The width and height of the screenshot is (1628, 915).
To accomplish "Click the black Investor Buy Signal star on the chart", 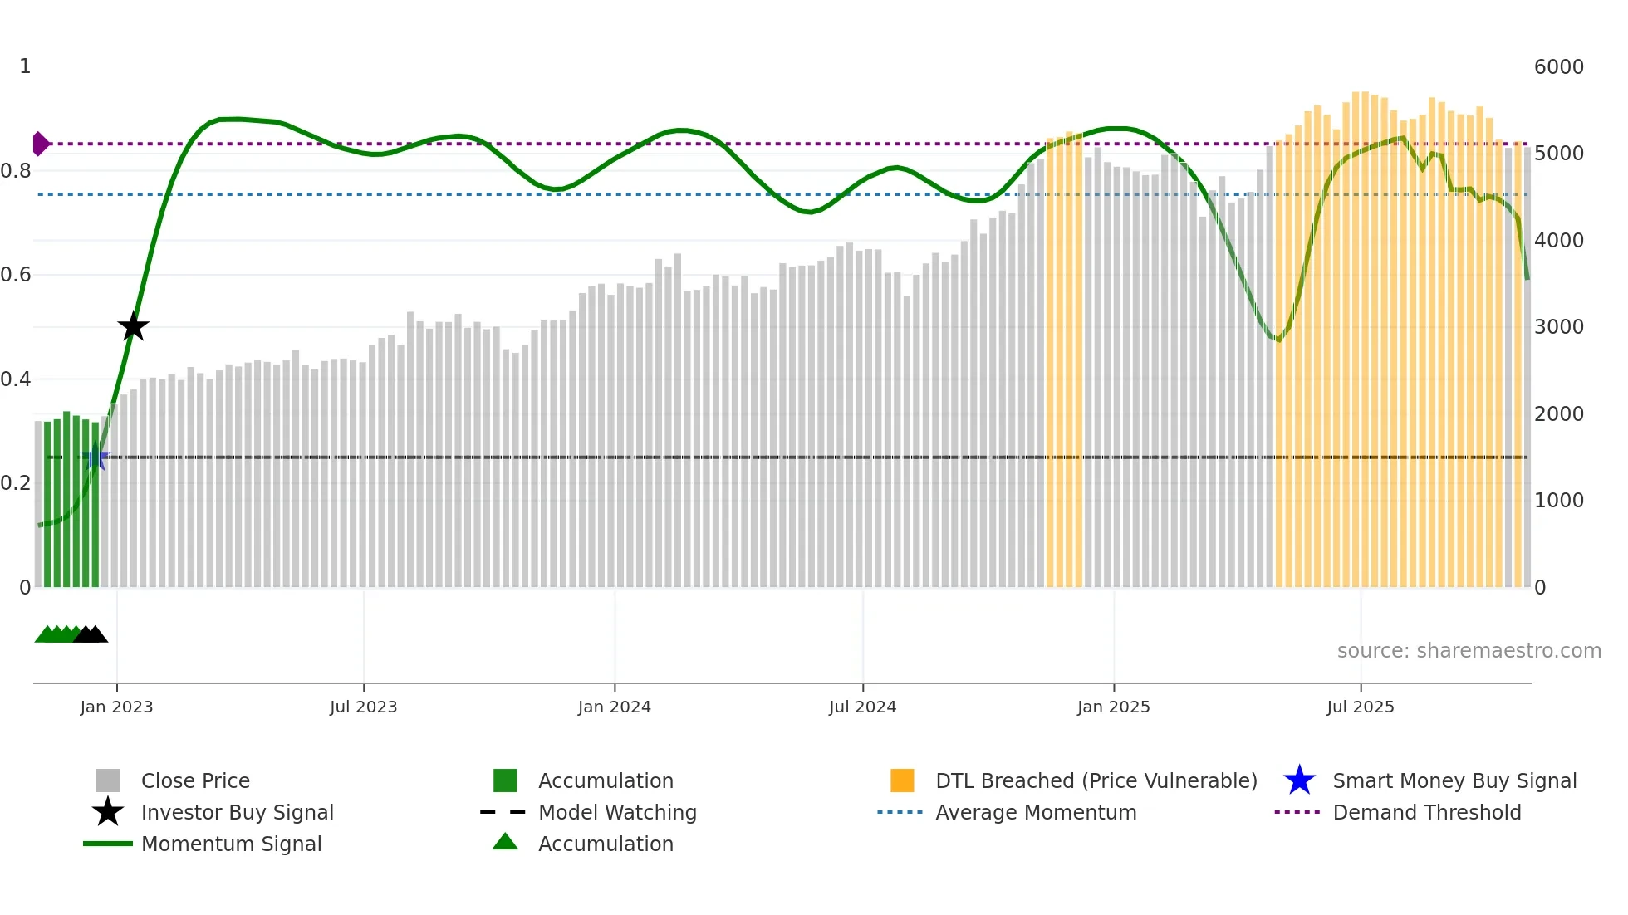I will pyautogui.click(x=133, y=326).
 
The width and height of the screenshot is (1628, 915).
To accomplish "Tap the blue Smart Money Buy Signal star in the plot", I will pyautogui.click(x=96, y=457).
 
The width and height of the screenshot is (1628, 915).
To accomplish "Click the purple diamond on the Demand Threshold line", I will pyautogui.click(x=40, y=144).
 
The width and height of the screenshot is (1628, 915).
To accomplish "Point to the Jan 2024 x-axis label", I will pyautogui.click(x=614, y=707).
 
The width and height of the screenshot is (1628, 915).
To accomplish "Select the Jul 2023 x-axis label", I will pyautogui.click(x=363, y=707).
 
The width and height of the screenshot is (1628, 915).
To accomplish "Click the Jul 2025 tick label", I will pyautogui.click(x=1360, y=707).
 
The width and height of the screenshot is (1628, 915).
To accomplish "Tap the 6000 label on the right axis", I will pyautogui.click(x=1558, y=67).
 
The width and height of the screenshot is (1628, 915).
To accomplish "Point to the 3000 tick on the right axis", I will pyautogui.click(x=1558, y=327).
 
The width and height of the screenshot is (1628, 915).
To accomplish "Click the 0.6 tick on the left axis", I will pyautogui.click(x=17, y=275).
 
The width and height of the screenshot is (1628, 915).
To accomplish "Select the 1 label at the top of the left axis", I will pyautogui.click(x=25, y=66).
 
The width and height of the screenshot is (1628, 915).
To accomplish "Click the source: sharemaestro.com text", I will pyautogui.click(x=1469, y=651).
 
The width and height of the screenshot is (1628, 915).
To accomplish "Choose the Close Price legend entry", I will pyautogui.click(x=195, y=780).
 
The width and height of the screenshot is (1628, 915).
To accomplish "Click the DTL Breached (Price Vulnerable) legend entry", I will pyautogui.click(x=1096, y=780).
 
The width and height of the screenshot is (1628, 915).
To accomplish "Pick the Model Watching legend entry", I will pyautogui.click(x=617, y=812).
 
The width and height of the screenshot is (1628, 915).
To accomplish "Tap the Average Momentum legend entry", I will pyautogui.click(x=1035, y=812).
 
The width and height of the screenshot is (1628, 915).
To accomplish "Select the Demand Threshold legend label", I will pyautogui.click(x=1426, y=812).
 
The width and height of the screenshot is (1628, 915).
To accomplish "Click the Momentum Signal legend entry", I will pyautogui.click(x=231, y=844).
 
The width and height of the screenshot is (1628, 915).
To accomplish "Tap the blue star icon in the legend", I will pyautogui.click(x=1299, y=780).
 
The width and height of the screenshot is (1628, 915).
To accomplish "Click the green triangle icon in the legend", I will pyautogui.click(x=505, y=842).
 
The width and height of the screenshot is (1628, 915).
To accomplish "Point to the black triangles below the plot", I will pyautogui.click(x=91, y=634).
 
